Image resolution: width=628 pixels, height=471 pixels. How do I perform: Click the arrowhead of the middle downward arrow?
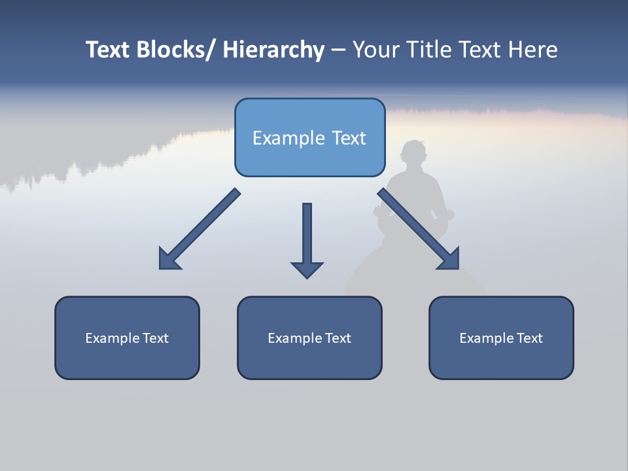click(x=307, y=269)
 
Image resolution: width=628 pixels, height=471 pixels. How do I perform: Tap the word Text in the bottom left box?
click(x=155, y=338)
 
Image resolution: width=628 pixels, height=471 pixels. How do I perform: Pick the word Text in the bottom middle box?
click(x=338, y=338)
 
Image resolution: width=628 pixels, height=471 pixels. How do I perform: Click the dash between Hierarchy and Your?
click(x=338, y=50)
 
